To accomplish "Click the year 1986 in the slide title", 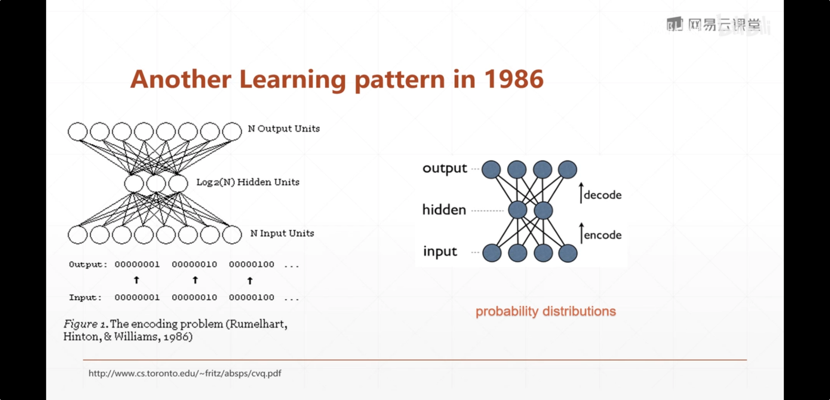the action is (x=514, y=79).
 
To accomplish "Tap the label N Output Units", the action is (x=284, y=129).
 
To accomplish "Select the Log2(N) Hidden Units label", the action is (x=248, y=182).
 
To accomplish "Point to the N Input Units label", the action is (x=282, y=233).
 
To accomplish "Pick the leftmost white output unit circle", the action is (x=78, y=131).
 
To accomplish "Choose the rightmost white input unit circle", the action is (x=232, y=234).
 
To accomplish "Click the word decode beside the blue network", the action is (x=603, y=195).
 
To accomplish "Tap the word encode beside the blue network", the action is (x=603, y=235).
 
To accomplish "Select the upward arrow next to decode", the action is (x=581, y=193).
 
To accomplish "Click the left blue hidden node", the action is (x=517, y=210).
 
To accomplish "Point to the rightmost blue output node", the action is (x=568, y=170).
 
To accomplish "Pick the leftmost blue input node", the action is (x=492, y=253).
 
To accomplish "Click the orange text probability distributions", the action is (x=546, y=311).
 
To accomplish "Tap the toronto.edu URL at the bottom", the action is (x=185, y=373).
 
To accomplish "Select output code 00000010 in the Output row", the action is (x=194, y=264).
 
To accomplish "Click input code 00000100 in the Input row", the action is (x=251, y=297).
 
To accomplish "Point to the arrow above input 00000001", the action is (x=137, y=280).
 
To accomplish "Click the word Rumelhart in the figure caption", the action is (x=258, y=324).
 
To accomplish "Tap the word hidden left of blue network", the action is (x=444, y=210).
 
